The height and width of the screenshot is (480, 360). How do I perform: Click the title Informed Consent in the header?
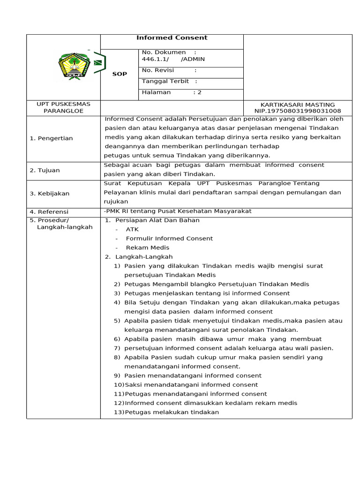(172, 38)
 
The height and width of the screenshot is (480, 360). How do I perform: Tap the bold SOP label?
(119, 74)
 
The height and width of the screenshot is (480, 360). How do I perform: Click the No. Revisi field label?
(158, 70)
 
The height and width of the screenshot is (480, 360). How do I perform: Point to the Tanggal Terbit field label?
(165, 82)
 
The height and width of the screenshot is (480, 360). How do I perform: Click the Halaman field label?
(157, 93)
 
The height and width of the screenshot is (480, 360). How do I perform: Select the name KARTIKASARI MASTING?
(297, 105)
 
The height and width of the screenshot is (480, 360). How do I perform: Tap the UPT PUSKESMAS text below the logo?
(63, 104)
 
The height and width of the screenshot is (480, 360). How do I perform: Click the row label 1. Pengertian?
(51, 138)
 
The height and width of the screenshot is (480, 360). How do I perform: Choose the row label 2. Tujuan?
(45, 171)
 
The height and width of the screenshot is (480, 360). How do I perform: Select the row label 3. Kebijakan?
(49, 194)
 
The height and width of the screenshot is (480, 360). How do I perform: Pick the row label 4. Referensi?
(49, 212)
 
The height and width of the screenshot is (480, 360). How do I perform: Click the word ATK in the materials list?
(132, 230)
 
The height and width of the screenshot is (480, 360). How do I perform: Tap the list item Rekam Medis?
(148, 248)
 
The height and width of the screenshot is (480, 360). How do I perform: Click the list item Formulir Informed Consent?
(169, 239)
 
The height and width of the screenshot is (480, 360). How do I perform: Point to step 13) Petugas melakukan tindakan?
(166, 412)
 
